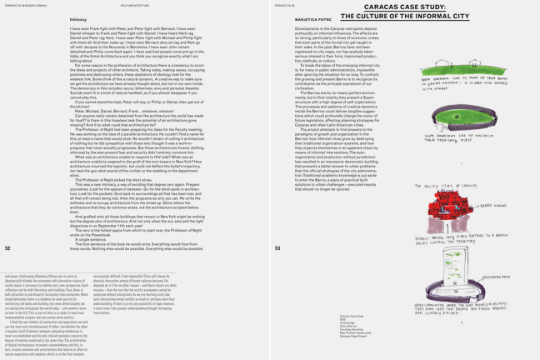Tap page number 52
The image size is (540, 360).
[7, 247]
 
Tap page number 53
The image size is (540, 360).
[277, 247]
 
